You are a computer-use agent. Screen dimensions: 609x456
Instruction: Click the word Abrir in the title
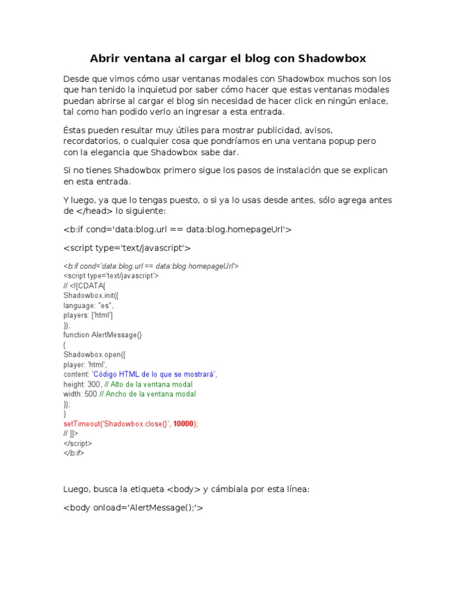coord(105,58)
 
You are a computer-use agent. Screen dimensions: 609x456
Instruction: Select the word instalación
coord(305,170)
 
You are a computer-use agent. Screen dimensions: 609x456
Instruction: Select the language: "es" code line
coord(88,305)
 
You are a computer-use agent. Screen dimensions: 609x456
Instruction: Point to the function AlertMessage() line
coord(103,335)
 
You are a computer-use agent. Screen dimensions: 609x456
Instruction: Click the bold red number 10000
coord(184,423)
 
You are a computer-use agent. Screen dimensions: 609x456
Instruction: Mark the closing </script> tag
coord(78,443)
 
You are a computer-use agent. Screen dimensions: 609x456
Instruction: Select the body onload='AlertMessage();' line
coord(133,508)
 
